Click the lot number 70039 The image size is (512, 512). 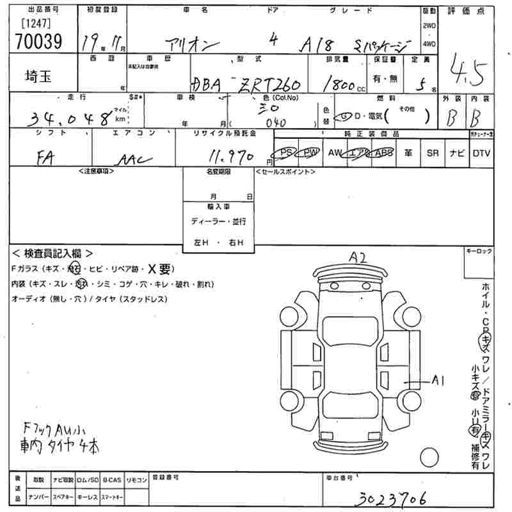(x=36, y=41)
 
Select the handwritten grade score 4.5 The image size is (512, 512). (x=467, y=68)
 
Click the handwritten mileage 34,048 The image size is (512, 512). (x=70, y=117)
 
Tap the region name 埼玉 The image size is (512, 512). (x=40, y=75)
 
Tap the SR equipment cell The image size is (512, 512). (x=433, y=153)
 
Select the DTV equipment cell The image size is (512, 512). (x=481, y=153)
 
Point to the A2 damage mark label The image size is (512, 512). (x=357, y=257)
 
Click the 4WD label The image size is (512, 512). (x=429, y=44)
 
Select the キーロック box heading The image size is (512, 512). (x=479, y=252)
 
